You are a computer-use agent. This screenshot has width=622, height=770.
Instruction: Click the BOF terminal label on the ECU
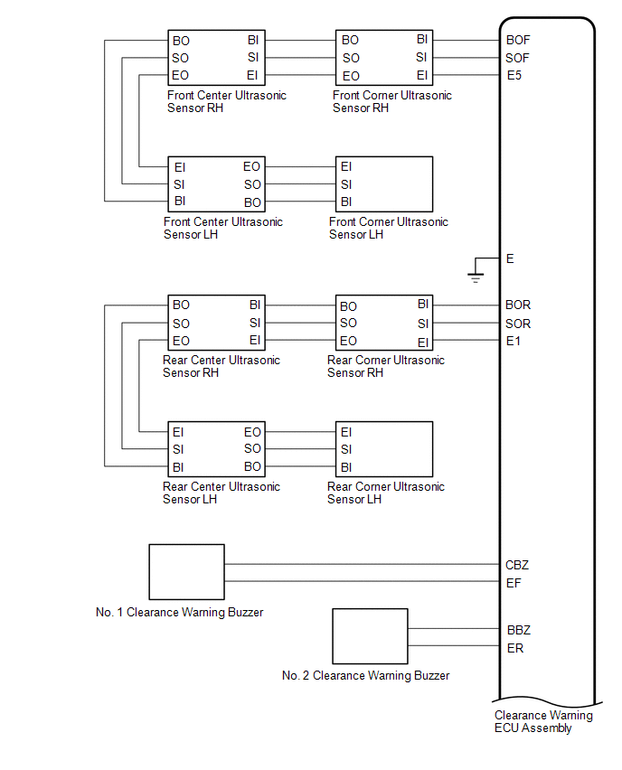point(518,40)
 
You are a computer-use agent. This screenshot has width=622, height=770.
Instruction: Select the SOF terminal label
point(518,58)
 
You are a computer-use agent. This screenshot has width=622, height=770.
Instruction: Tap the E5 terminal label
point(514,75)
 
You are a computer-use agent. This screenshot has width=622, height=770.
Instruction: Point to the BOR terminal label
point(518,305)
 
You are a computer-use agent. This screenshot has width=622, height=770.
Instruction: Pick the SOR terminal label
point(518,324)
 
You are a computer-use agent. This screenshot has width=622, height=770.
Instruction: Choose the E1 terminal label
point(514,341)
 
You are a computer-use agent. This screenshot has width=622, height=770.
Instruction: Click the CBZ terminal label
point(517,565)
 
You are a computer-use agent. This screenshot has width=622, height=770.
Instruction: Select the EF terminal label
point(514,583)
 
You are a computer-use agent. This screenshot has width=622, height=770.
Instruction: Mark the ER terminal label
point(514,648)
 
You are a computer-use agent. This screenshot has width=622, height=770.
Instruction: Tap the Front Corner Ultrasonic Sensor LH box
point(384,183)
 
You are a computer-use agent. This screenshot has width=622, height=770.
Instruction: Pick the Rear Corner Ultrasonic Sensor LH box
point(384,448)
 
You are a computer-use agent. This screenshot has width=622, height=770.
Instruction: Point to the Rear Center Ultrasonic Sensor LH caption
point(221,493)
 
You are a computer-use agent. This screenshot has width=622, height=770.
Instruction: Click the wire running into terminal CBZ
point(362,565)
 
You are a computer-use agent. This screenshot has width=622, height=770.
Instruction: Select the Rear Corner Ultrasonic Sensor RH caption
point(386,366)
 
